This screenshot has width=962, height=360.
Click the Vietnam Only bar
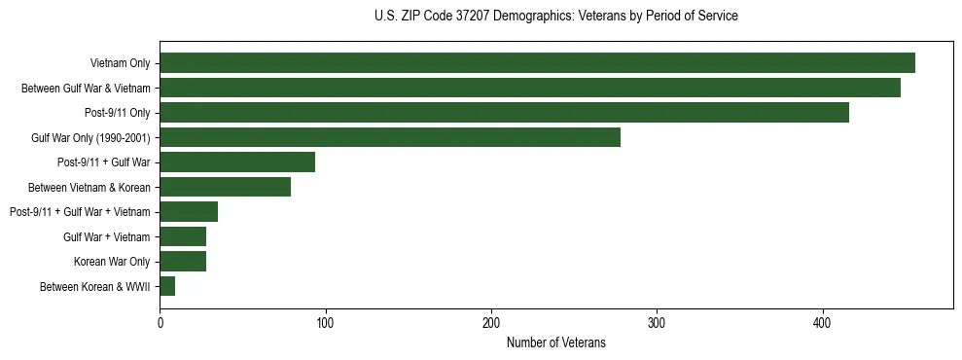[537, 63]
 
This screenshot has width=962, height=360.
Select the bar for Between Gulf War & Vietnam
[530, 88]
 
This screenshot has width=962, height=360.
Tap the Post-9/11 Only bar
[504, 113]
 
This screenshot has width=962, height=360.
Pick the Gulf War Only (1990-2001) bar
[390, 137]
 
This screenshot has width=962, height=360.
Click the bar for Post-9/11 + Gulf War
[237, 162]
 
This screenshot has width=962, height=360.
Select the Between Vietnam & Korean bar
[225, 187]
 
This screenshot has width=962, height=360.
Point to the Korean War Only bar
[183, 261]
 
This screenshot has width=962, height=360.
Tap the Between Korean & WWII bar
[167, 286]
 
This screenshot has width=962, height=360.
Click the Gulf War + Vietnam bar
[183, 236]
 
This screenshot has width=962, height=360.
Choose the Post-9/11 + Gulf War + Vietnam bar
[189, 212]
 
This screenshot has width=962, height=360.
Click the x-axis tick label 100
[326, 323]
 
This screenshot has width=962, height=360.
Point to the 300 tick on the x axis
[658, 323]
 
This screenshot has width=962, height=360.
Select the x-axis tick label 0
[160, 323]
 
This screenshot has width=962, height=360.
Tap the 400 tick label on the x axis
[823, 323]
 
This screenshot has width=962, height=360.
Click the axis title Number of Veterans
[555, 342]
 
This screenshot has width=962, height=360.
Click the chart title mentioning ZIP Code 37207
[555, 17]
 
